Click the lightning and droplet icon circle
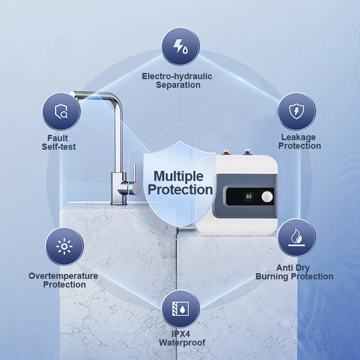[180, 47]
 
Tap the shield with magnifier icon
[61, 111]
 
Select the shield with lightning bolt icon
[297, 111]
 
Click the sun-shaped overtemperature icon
[64, 246]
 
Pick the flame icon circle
[297, 238]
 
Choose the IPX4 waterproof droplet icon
[180, 309]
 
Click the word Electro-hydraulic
[177, 76]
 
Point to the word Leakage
[299, 137]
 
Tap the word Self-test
[59, 147]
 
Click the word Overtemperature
[63, 276]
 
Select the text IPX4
[181, 334]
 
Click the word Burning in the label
[269, 276]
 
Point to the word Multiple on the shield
[179, 176]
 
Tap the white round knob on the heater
[267, 197]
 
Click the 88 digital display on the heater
[249, 197]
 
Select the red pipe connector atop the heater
[226, 152]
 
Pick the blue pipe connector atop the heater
[247, 152]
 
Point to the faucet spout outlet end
[72, 94]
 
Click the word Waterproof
[182, 343]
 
